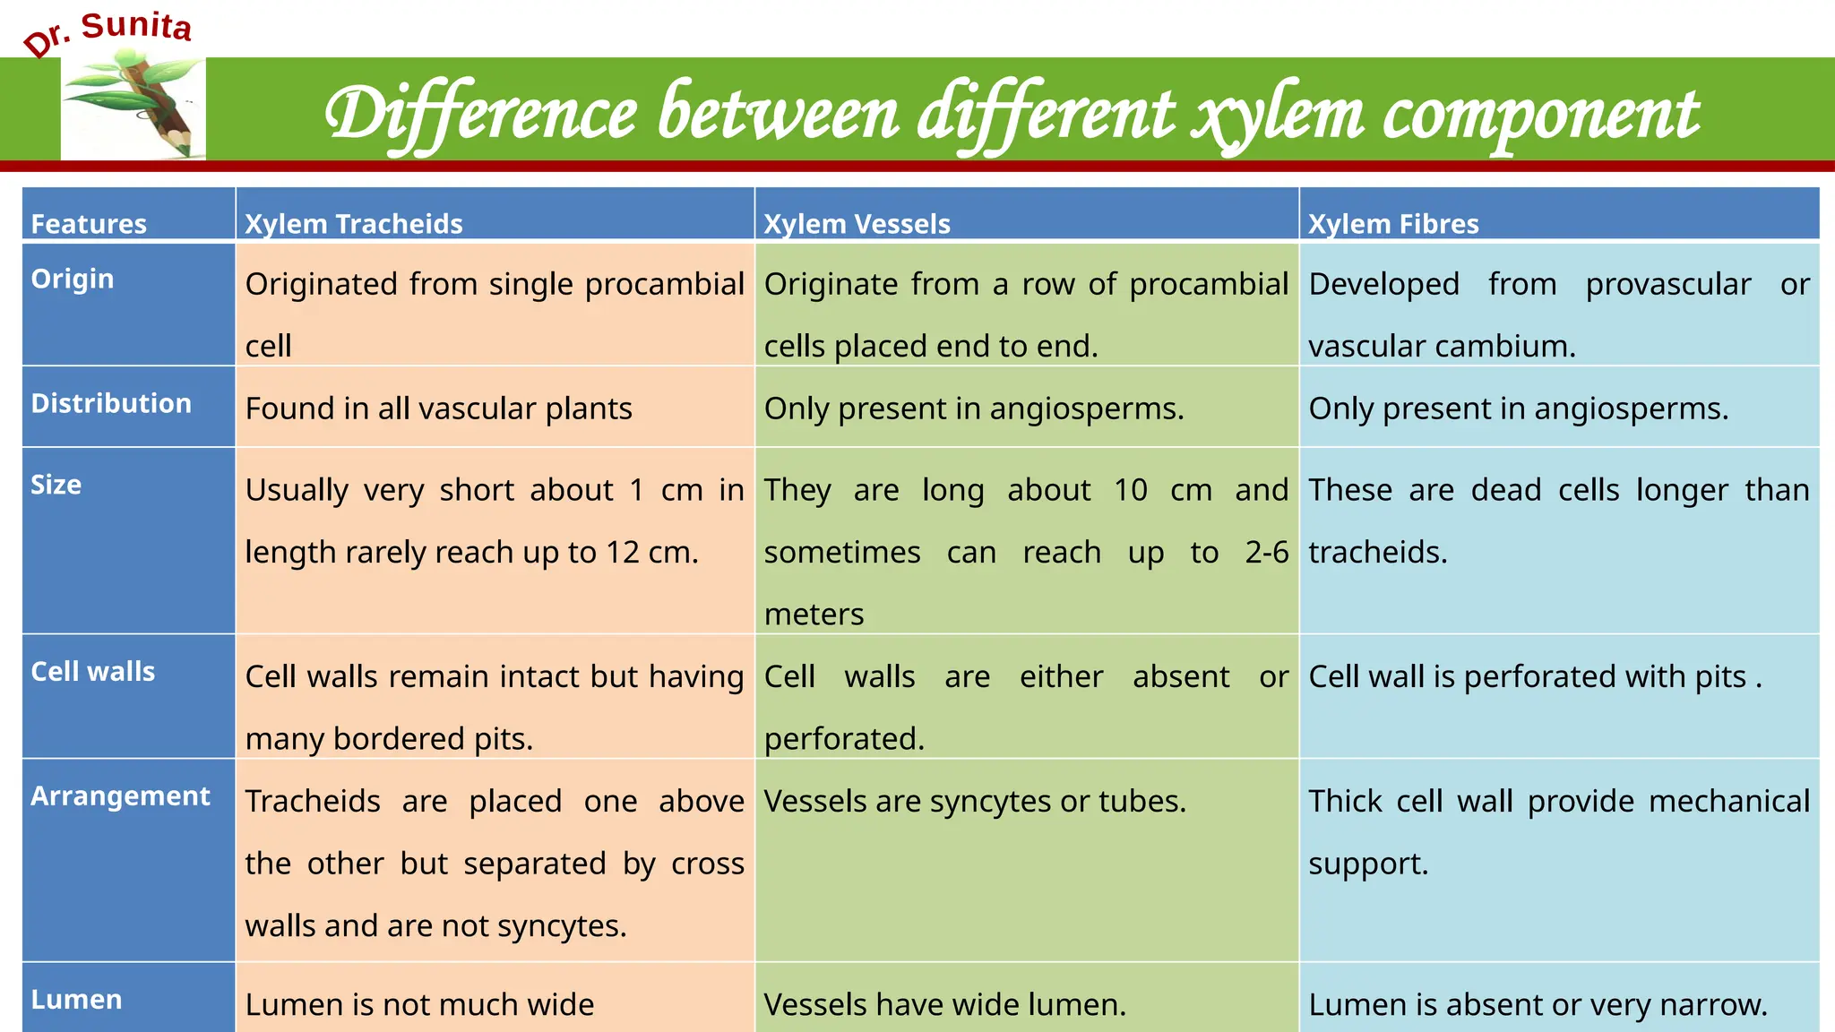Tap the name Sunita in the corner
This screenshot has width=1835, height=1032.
coord(136,26)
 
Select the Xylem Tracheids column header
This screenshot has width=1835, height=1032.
coord(354,224)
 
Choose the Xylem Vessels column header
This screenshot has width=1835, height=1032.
coord(857,224)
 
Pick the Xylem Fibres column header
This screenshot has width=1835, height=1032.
coord(1393,224)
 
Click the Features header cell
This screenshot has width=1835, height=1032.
coord(89,224)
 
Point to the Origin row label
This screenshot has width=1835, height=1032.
coord(73,279)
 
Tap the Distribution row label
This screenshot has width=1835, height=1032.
coord(111,403)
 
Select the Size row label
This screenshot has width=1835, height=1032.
coord(56,485)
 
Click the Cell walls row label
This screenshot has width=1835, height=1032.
coord(93,672)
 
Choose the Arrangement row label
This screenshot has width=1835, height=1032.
coord(121,795)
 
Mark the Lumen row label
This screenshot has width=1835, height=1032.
coord(77,999)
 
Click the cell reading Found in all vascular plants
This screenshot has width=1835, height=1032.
coord(439,408)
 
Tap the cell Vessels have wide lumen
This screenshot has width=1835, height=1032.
coord(944,1004)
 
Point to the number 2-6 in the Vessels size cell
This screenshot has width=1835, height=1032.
coord(1266,552)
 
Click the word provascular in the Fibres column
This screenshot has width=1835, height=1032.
coord(1668,284)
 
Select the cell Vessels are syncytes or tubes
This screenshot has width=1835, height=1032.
coord(975,801)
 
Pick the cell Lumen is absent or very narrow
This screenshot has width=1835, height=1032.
coord(1538,1004)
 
